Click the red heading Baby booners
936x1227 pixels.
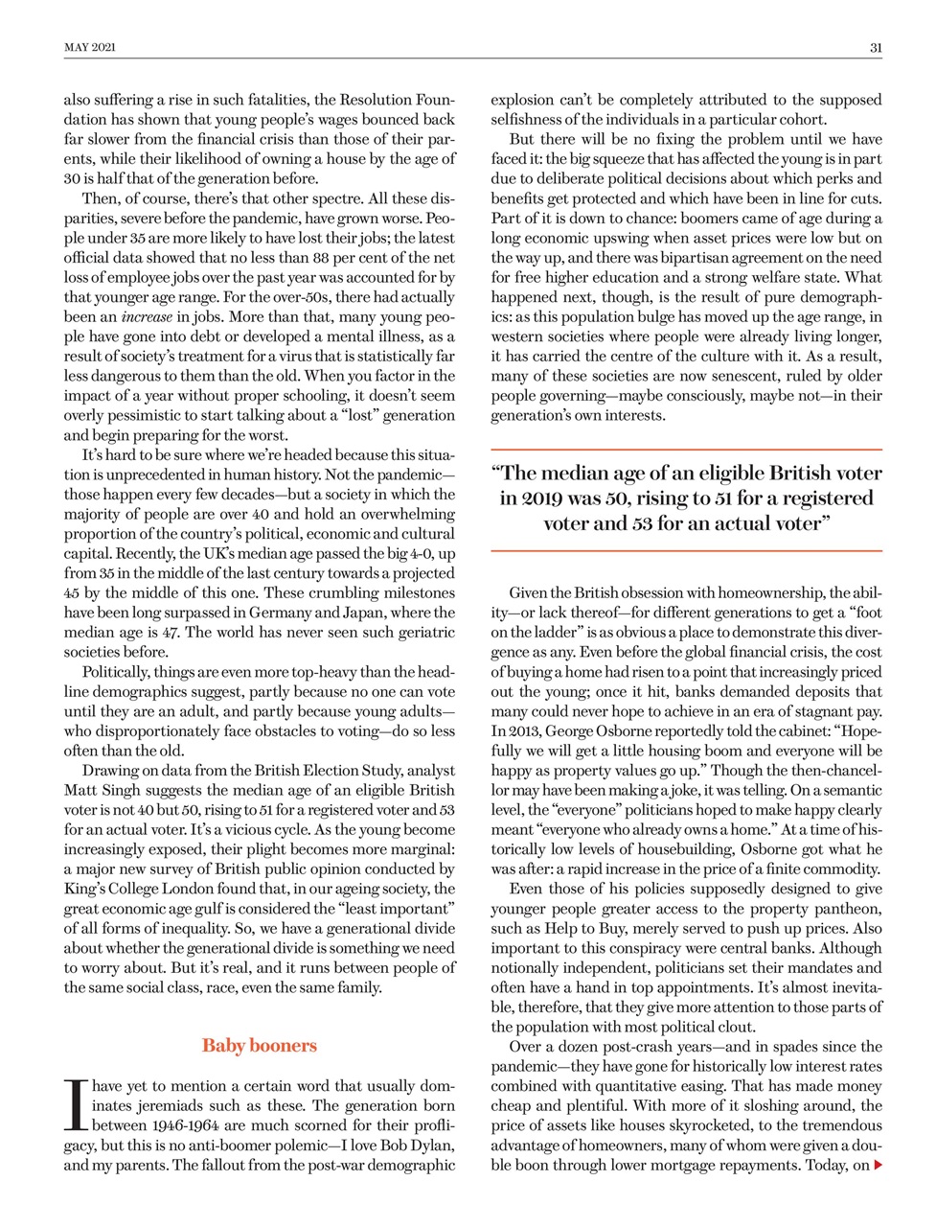(x=259, y=1046)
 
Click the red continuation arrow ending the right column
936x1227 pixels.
(x=878, y=1166)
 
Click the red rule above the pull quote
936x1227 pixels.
(x=686, y=450)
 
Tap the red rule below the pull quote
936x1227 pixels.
(x=686, y=551)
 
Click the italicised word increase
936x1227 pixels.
(x=147, y=316)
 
